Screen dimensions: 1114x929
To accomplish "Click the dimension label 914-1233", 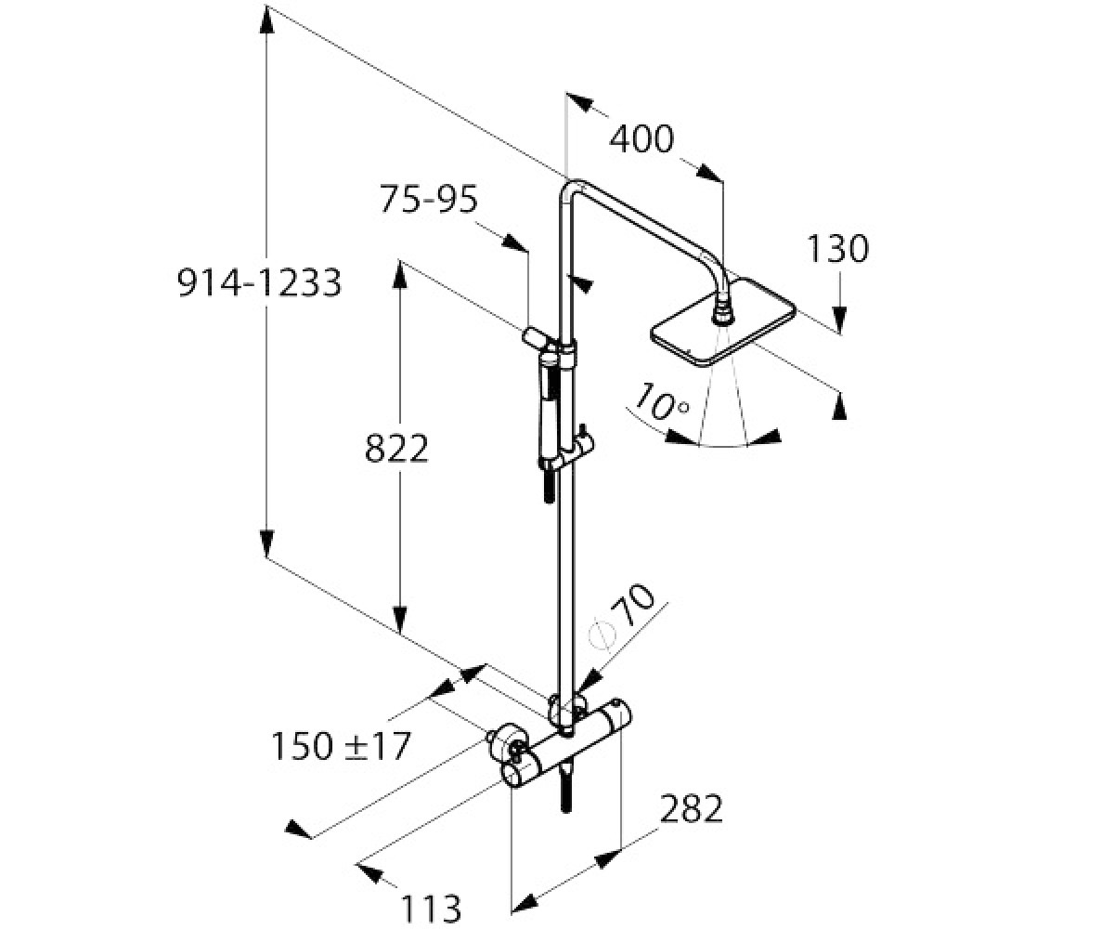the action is tap(259, 283).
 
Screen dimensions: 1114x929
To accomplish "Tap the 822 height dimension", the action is tap(396, 449).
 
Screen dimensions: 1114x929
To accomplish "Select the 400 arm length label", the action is tap(641, 139).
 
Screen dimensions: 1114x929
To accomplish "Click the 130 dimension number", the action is tap(837, 249).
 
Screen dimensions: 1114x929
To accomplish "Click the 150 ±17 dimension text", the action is tap(341, 746).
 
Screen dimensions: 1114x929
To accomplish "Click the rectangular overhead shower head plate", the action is tap(723, 323).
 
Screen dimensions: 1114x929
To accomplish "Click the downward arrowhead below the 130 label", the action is tap(840, 319).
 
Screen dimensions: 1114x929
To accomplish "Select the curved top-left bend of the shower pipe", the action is tap(570, 189).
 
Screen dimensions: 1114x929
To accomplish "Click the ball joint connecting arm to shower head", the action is tap(723, 312).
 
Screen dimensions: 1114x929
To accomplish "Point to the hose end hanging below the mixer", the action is tap(566, 792).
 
